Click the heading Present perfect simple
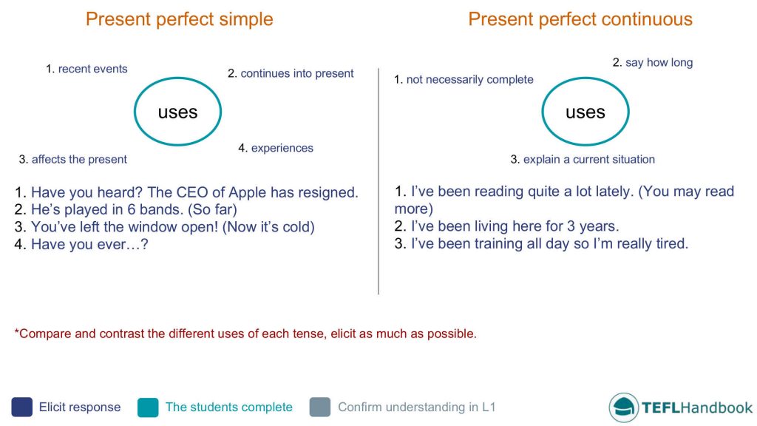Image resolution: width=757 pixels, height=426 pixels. pyautogui.click(x=179, y=19)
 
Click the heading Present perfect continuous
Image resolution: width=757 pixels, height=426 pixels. pyautogui.click(x=580, y=19)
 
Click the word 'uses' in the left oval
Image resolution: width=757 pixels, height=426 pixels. pyautogui.click(x=177, y=112)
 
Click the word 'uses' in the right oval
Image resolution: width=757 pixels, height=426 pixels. pyautogui.click(x=585, y=112)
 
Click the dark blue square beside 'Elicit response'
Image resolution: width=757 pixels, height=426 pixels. pyautogui.click(x=21, y=407)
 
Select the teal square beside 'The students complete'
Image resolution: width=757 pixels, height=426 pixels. pyautogui.click(x=148, y=407)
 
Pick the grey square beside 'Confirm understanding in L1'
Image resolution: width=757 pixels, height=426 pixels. pyautogui.click(x=320, y=407)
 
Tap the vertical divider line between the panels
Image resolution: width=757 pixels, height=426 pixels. pyautogui.click(x=378, y=181)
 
